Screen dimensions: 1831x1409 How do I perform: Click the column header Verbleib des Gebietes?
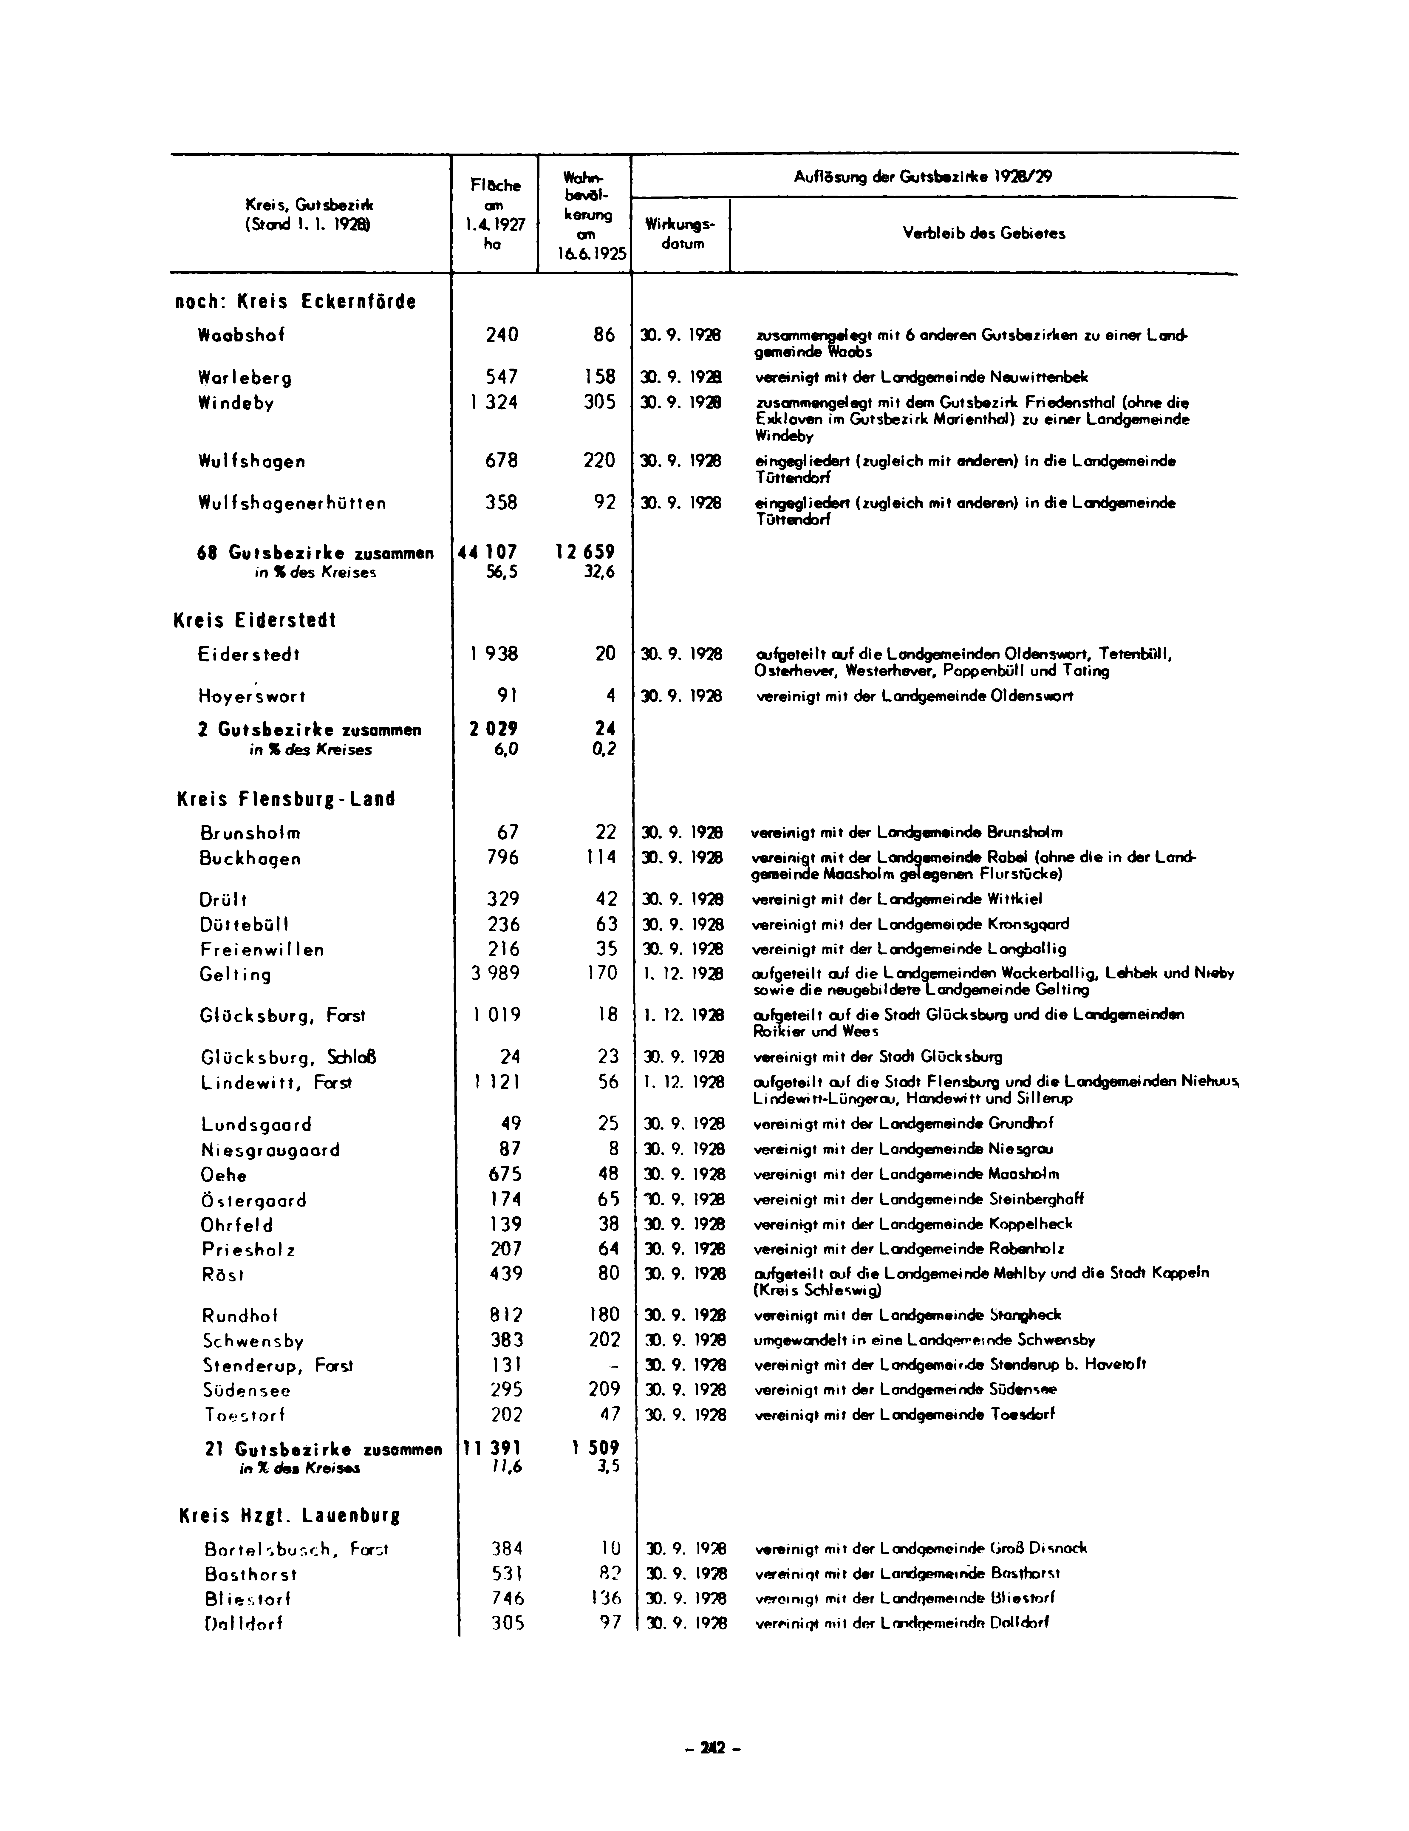983,234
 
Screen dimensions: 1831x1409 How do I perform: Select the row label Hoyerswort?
252,697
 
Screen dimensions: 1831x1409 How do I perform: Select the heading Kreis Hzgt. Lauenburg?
289,1516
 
